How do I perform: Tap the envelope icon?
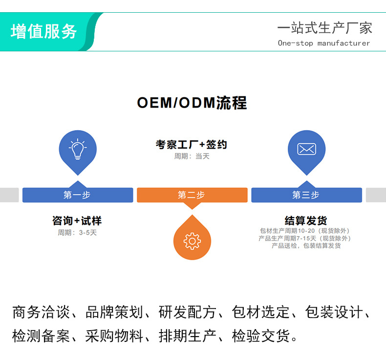tap(306, 149)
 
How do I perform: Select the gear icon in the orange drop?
tap(192, 241)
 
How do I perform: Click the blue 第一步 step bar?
tap(77, 195)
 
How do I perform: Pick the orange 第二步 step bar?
tap(192, 195)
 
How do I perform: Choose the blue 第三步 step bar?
tap(306, 195)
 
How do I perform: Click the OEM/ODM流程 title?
tap(192, 103)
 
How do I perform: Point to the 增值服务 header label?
tap(44, 31)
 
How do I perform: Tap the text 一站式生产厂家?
tap(324, 28)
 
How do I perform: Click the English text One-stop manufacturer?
tap(324, 43)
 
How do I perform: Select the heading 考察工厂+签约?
tap(192, 145)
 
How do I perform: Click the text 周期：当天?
tap(192, 156)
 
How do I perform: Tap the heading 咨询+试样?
tap(77, 221)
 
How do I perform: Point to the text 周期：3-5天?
tap(77, 232)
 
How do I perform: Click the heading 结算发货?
tap(306, 221)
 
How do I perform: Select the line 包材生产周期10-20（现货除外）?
tap(305, 231)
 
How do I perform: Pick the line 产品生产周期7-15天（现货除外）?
tap(305, 238)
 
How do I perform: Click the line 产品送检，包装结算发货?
tap(306, 246)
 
